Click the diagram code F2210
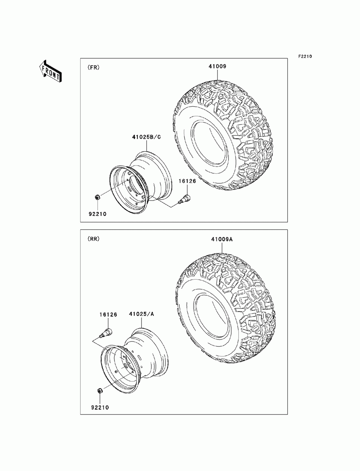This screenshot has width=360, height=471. click(304, 56)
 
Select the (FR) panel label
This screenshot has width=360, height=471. click(93, 67)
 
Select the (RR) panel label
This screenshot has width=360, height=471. click(93, 239)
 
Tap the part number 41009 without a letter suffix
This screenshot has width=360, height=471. click(217, 66)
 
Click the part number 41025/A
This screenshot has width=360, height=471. click(141, 314)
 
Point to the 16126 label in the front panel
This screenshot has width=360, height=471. click(187, 181)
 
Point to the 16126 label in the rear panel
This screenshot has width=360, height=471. click(108, 314)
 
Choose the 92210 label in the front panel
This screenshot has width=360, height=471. click(98, 214)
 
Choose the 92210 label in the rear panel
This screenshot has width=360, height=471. click(100, 408)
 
